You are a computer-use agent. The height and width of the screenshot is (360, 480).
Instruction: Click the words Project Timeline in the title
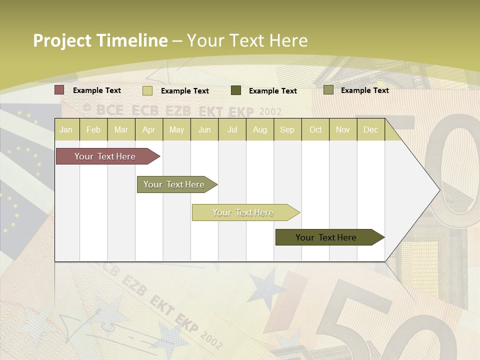pos(100,40)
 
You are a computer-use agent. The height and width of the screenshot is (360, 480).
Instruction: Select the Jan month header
pos(66,130)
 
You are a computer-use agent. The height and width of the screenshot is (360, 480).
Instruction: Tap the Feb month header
pos(93,130)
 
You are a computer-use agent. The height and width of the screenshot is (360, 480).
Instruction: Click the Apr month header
pos(149,130)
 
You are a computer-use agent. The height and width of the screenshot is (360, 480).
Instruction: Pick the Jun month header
pos(204,130)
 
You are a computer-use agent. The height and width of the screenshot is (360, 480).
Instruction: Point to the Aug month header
pos(260,130)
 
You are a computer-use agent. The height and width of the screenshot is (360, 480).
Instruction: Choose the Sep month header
pos(287,130)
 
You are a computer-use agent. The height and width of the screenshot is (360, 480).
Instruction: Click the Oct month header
pos(315,130)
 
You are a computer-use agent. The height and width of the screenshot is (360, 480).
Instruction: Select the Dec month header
pos(371,130)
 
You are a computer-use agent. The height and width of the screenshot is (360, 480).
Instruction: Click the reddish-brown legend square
pos(59,90)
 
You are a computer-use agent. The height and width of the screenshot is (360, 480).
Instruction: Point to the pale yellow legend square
pos(147,90)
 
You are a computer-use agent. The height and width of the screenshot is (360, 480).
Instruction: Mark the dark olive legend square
pos(236,90)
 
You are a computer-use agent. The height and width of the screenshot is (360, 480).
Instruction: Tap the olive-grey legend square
pos(328,90)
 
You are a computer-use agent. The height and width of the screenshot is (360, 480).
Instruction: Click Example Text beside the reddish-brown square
pos(97,90)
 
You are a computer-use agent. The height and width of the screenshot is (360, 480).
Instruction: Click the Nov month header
pos(343,130)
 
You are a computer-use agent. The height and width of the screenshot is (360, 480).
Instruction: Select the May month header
pos(176,130)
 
